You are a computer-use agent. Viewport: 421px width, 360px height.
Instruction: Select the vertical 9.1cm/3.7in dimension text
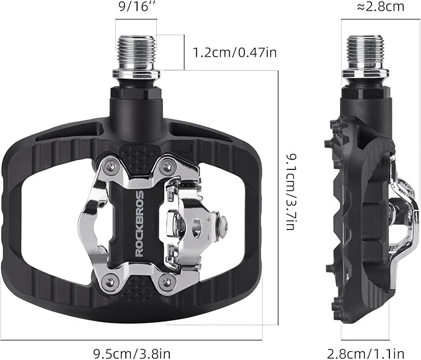(288, 192)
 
